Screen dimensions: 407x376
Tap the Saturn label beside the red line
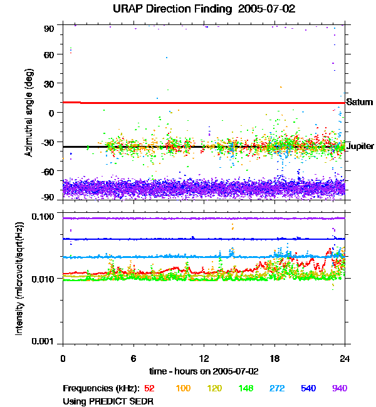click(360, 102)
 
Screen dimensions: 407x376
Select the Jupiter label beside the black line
click(360, 146)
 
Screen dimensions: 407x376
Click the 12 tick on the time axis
click(204, 359)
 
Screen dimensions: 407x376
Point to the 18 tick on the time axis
click(274, 359)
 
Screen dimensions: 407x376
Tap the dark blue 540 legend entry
click(308, 388)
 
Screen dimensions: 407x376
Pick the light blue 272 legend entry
click(276, 388)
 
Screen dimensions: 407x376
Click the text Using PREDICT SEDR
click(108, 400)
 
